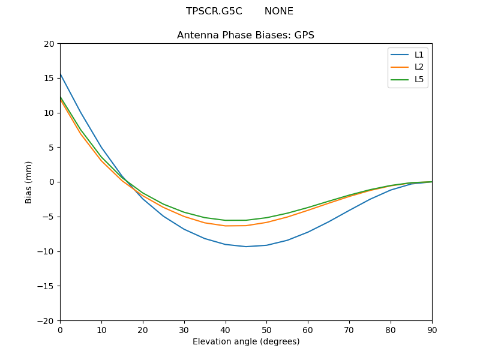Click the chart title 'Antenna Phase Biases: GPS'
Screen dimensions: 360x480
tap(245, 35)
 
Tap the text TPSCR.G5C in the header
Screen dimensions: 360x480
tap(214, 11)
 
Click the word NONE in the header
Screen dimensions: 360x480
tap(279, 11)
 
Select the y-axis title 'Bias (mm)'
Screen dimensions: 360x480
tap(29, 182)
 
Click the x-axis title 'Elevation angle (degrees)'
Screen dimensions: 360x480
tap(246, 342)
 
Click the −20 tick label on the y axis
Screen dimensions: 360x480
tap(46, 320)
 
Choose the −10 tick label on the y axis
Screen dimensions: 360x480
tap(46, 251)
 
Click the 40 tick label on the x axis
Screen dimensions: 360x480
tap(226, 329)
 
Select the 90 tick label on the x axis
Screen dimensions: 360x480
tap(432, 329)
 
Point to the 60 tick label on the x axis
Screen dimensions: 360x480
tap(308, 329)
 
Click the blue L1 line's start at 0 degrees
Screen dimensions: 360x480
tap(61, 74)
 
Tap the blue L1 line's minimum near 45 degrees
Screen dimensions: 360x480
tap(246, 247)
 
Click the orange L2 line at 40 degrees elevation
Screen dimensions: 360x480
tap(226, 226)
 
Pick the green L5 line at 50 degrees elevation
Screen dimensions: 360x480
tap(266, 218)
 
